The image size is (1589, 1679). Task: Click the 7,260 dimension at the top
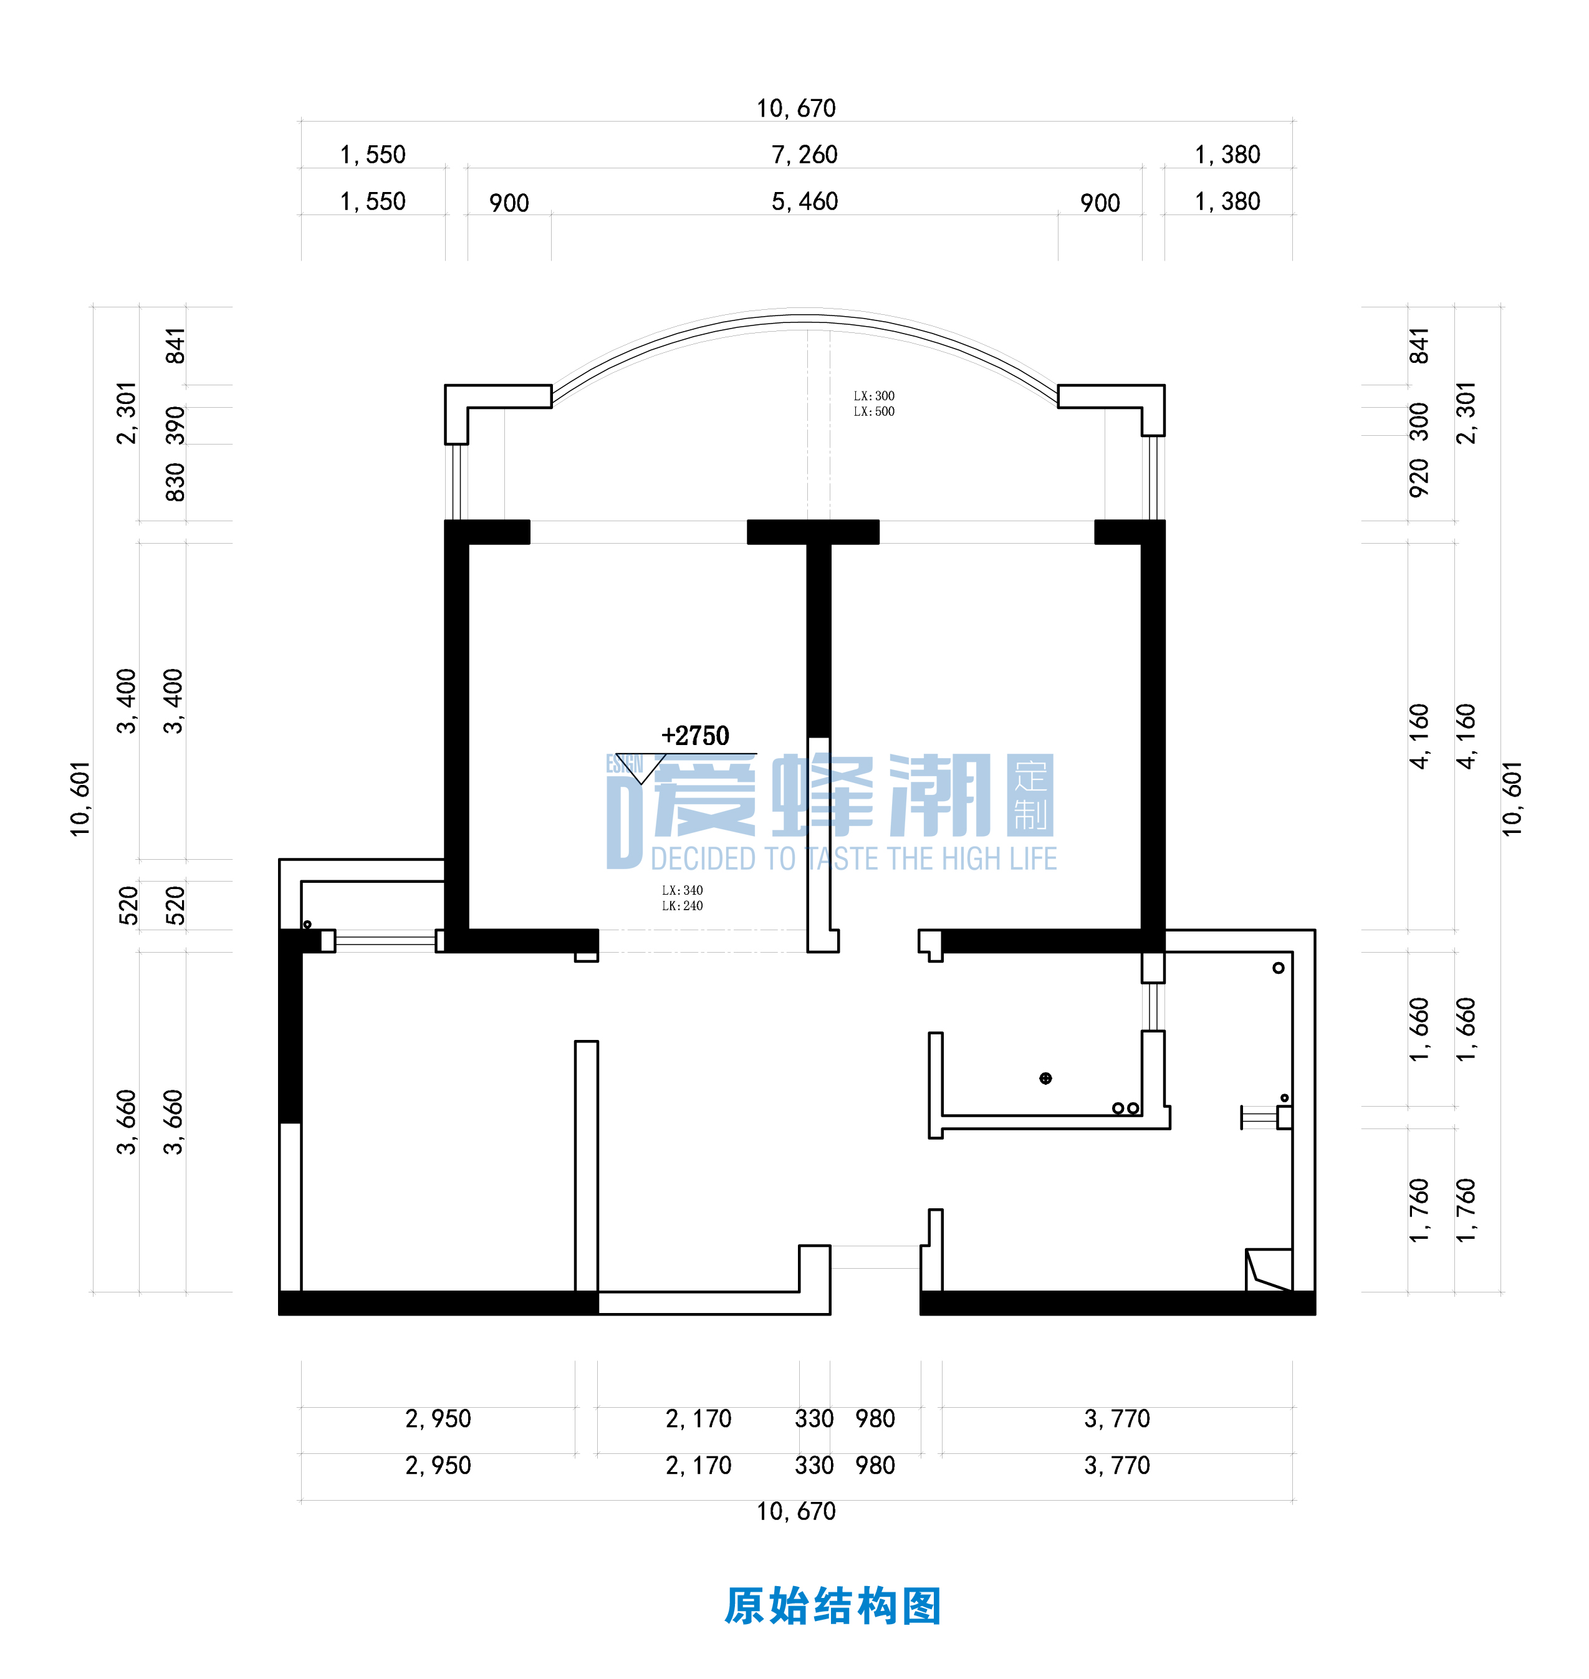804,155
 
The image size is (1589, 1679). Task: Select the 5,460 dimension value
804,201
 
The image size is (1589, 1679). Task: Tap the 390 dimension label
175,425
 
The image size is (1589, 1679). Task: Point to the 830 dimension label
175,481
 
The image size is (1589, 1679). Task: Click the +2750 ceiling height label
694,735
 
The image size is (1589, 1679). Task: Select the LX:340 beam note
682,890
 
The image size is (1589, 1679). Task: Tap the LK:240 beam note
682,905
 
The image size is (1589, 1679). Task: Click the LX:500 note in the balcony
873,411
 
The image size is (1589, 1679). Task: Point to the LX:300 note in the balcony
873,396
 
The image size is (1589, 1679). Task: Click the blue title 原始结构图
833,1606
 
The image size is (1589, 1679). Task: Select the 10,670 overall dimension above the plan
795,108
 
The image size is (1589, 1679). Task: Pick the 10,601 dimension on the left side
80,799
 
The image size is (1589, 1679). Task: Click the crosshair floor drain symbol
1045,1079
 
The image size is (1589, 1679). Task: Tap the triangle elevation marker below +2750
641,767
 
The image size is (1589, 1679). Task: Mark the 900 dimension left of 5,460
508,203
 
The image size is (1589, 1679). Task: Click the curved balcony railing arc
805,319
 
